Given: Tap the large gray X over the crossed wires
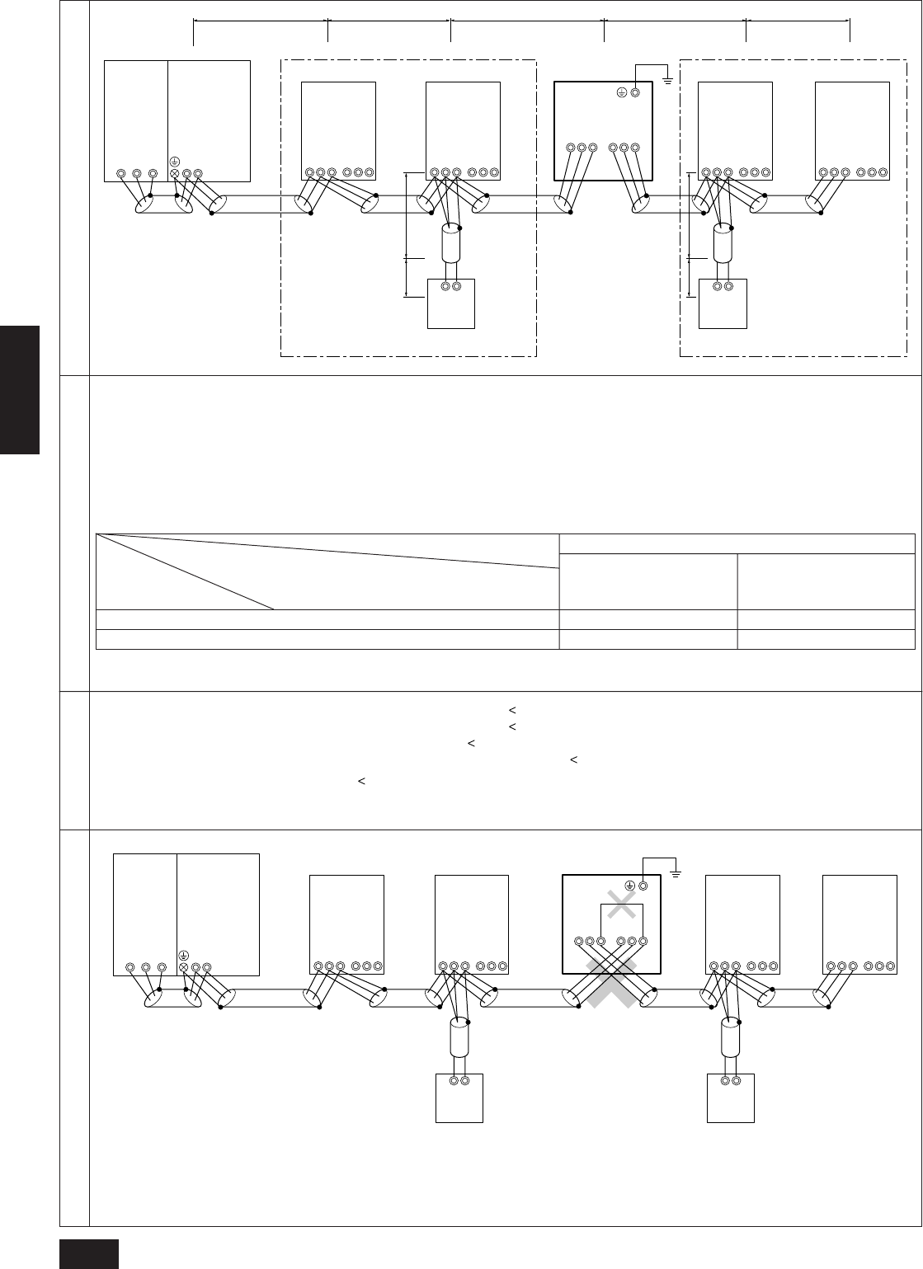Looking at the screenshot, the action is coord(613,982).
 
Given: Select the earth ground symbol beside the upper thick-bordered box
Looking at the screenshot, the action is coord(666,79).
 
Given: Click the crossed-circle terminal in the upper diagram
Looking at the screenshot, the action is coord(174,174).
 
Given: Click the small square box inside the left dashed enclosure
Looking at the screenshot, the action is coord(451,303).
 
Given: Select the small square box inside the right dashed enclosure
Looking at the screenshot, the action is coord(723,303).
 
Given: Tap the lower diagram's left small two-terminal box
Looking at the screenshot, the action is coord(459,1097).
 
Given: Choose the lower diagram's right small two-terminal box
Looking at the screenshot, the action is coord(731,1097).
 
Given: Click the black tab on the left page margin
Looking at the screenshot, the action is coord(20,389).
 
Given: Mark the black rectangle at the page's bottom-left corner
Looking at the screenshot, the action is coord(90,1253).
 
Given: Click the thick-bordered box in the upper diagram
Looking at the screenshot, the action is coord(603,129).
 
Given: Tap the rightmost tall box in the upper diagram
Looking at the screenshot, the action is coord(852,130).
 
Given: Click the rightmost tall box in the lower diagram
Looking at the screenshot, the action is coord(859,924).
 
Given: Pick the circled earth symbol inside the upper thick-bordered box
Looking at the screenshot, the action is coord(623,93).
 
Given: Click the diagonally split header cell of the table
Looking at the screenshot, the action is coord(327,571).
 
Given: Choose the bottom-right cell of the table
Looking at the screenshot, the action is coord(826,639).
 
